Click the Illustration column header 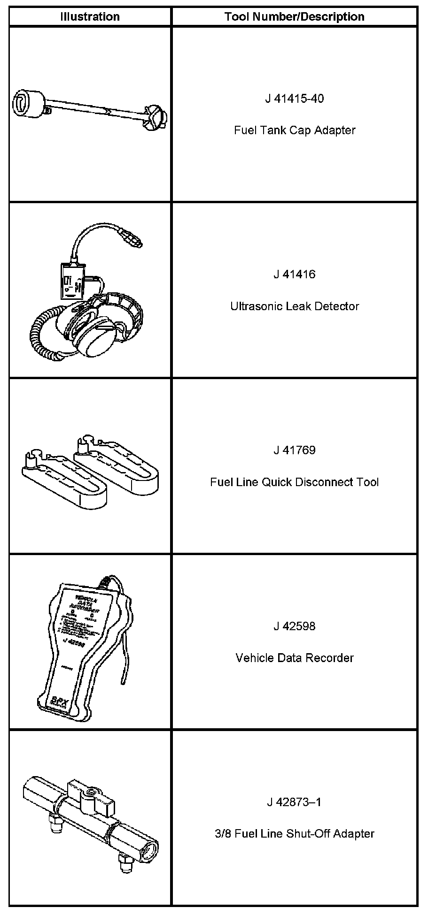[x=90, y=17]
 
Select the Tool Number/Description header [x=294, y=17]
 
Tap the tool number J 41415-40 [x=294, y=99]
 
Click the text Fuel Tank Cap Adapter [x=294, y=130]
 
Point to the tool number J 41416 [x=294, y=274]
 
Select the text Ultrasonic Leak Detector [x=294, y=306]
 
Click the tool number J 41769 [x=294, y=450]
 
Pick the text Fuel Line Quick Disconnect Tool [x=294, y=482]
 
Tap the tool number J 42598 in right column [x=294, y=626]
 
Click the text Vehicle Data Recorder [x=294, y=657]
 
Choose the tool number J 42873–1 [x=294, y=802]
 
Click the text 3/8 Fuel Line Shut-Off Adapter [x=294, y=833]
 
